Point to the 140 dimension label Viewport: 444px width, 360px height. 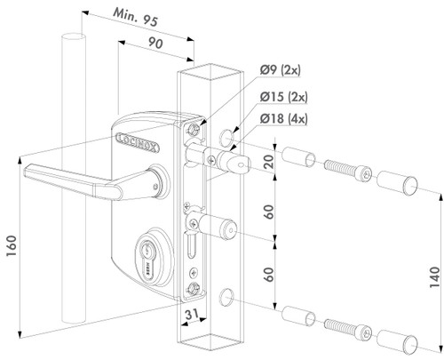click(x=432, y=267)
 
